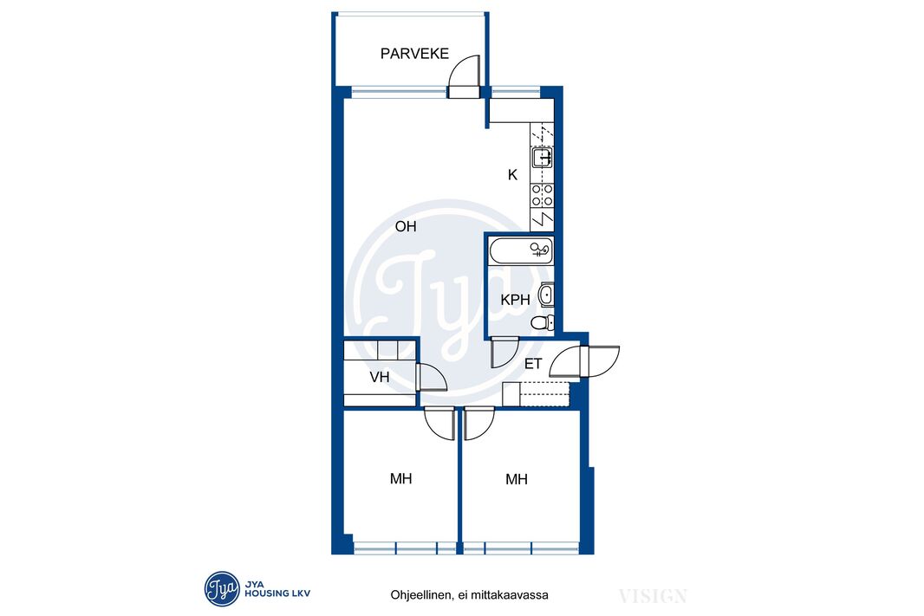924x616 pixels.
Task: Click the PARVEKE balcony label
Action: [414, 54]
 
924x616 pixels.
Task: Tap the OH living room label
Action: [406, 226]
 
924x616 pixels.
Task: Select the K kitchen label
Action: [512, 175]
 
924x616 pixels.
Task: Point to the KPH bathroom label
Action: [515, 300]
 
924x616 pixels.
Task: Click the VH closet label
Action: [380, 377]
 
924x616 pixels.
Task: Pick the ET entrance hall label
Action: [533, 364]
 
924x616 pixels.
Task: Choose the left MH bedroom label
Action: [400, 479]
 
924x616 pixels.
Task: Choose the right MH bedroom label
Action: [517, 479]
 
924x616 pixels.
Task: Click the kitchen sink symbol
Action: [542, 157]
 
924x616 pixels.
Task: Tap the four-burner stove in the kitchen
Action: [542, 195]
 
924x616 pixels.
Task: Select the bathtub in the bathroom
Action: [521, 250]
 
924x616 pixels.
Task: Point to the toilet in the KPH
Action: [543, 322]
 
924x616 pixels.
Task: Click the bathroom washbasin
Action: [546, 295]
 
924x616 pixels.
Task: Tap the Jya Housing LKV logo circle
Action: [222, 588]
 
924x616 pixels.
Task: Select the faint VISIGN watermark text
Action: [653, 596]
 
